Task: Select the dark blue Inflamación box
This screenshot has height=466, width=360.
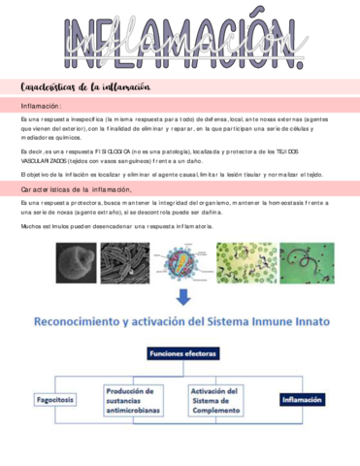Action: click(301, 398)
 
